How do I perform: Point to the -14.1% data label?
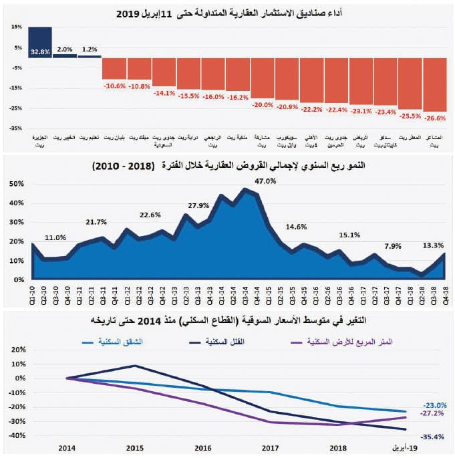164,93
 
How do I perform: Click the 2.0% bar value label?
65,49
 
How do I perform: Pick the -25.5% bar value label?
410,116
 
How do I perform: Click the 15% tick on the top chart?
17,27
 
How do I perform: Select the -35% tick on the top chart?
16,128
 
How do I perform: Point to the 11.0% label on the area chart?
56,237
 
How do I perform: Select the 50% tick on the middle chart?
17,183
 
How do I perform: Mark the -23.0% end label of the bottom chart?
434,405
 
